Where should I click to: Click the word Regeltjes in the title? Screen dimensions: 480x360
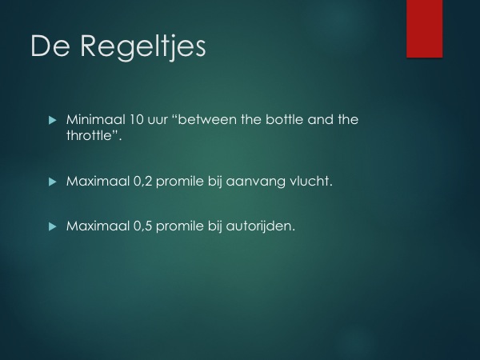pyautogui.click(x=143, y=47)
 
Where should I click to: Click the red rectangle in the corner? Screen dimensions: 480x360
pyautogui.click(x=425, y=29)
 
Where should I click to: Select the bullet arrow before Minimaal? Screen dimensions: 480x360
pyautogui.click(x=53, y=120)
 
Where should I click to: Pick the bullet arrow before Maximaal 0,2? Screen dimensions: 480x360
pyautogui.click(x=53, y=182)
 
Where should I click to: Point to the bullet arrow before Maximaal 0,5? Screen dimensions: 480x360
pyautogui.click(x=53, y=226)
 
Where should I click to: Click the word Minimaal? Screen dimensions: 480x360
pyautogui.click(x=96, y=119)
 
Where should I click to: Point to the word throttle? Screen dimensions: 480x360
pyautogui.click(x=89, y=135)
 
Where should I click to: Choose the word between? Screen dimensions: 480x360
pyautogui.click(x=207, y=119)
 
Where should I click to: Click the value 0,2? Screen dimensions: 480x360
pyautogui.click(x=143, y=182)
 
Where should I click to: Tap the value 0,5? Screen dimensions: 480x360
pyautogui.click(x=143, y=226)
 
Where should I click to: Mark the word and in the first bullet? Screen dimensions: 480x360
pyautogui.click(x=320, y=119)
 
